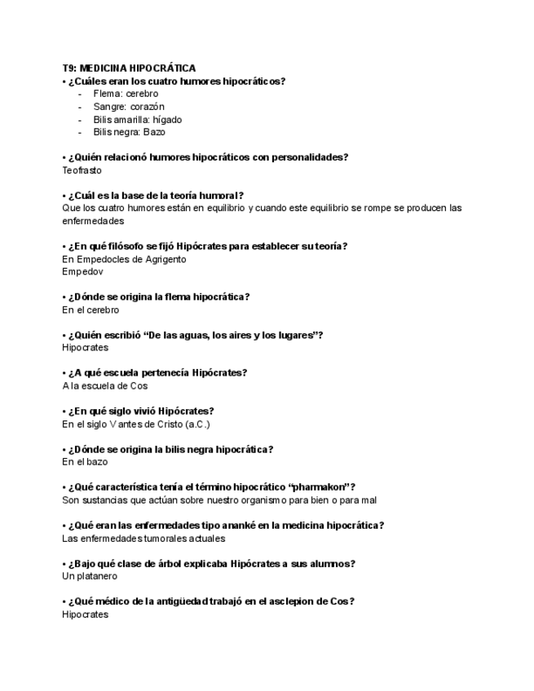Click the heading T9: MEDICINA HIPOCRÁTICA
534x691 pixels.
pos(129,68)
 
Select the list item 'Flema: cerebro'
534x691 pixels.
pos(126,94)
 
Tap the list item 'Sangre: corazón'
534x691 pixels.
pos(129,107)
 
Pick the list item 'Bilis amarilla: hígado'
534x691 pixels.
pos(137,119)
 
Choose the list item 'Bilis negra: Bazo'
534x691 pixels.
pos(129,132)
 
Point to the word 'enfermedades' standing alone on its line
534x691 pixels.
pos(93,221)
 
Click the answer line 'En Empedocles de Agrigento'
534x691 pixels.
pos(124,259)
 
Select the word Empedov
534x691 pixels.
pos(82,272)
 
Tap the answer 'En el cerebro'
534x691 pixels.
pos(90,310)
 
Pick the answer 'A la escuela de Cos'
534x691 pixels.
pos(104,386)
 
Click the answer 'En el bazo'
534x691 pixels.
pos(85,462)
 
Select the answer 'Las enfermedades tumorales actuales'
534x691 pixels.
pos(143,539)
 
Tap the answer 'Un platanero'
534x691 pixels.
pos(90,576)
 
